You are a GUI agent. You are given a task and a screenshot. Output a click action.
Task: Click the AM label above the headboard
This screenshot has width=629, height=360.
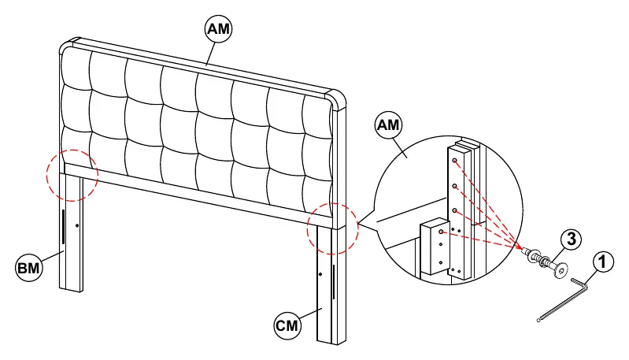coord(219,29)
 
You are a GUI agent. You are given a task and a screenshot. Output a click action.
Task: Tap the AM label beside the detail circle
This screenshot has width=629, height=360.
coord(388,124)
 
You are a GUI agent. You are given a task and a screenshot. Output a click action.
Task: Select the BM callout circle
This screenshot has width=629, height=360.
coord(28,267)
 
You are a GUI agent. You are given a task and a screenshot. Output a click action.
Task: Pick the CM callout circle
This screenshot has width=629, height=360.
coord(287,325)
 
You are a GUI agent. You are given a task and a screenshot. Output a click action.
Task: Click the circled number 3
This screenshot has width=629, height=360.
coord(571,239)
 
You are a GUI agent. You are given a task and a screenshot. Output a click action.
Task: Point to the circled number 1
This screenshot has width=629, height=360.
coord(602,262)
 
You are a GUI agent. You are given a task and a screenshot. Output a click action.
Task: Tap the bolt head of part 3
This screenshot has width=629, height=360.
coord(561,271)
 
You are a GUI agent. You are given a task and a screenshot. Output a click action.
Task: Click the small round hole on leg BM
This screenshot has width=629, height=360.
coord(77,225)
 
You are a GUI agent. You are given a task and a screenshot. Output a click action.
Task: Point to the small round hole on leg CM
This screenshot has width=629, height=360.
coord(320,274)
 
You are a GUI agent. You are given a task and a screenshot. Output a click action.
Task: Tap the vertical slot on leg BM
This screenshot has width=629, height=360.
coord(63,226)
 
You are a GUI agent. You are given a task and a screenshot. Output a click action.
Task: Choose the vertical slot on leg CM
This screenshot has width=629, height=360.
coord(334,282)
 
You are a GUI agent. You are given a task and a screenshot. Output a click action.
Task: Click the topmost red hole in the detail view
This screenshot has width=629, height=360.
coord(454,161)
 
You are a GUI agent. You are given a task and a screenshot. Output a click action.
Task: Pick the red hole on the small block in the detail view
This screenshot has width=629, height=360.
coord(441,232)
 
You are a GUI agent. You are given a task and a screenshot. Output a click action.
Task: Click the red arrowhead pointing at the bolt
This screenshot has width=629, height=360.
coord(519,247)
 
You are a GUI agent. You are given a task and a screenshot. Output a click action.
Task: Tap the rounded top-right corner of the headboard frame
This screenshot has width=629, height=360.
coord(338,98)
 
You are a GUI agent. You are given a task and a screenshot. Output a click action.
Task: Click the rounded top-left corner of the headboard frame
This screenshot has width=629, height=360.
coord(69,46)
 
